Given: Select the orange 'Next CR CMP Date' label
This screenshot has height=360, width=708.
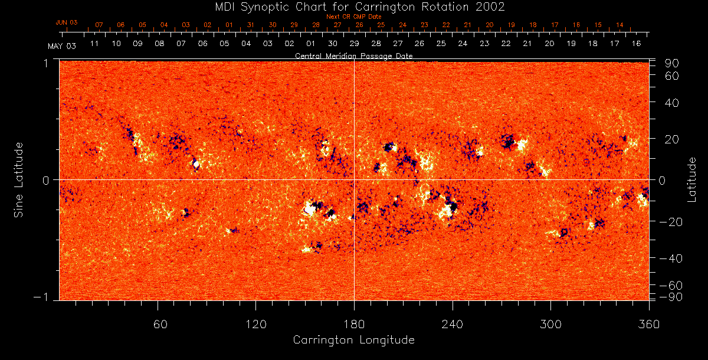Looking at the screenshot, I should pyautogui.click(x=353, y=17).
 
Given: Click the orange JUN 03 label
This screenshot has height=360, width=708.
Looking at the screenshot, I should pyautogui.click(x=67, y=22).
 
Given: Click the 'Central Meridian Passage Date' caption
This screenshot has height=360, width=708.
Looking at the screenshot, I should pyautogui.click(x=353, y=56).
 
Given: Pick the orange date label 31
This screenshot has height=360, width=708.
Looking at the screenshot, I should pyautogui.click(x=251, y=25).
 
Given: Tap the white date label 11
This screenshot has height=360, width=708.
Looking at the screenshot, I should pyautogui.click(x=94, y=44).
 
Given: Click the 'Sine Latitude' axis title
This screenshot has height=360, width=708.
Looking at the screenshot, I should pyautogui.click(x=19, y=179).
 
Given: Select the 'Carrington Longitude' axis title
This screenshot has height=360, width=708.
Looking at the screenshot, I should pyautogui.click(x=353, y=340).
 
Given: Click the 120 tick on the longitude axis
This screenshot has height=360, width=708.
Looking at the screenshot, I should pyautogui.click(x=255, y=325).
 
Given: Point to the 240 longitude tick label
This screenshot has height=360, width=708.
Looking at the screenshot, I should pyautogui.click(x=453, y=325).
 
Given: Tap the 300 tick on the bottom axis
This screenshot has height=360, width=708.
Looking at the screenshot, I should pyautogui.click(x=550, y=325).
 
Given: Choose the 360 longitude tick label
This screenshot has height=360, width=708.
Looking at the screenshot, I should pyautogui.click(x=649, y=325).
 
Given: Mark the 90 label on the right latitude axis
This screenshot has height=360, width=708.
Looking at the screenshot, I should pyautogui.click(x=673, y=63).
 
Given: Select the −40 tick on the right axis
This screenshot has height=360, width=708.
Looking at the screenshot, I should pyautogui.click(x=670, y=258).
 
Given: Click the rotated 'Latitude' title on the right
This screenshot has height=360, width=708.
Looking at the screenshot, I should pyautogui.click(x=692, y=179).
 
